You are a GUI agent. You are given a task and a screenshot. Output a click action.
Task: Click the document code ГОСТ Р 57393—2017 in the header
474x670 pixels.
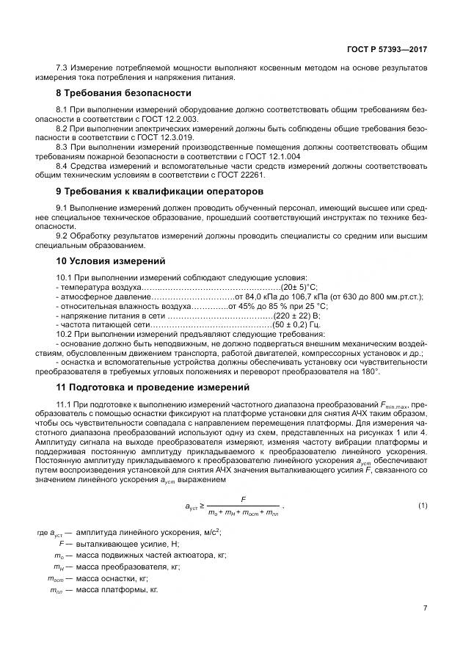tap(387, 49)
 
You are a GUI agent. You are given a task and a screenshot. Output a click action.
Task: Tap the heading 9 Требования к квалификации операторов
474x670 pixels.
tap(149, 192)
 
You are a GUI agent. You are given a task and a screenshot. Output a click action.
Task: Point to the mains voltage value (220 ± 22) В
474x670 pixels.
tap(296, 314)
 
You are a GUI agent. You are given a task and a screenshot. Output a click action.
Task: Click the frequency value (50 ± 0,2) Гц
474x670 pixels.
tap(296, 324)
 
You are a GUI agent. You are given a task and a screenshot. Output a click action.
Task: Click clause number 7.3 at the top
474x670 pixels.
tap(62, 68)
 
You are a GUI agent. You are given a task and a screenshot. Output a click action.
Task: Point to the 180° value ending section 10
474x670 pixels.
tap(370, 371)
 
